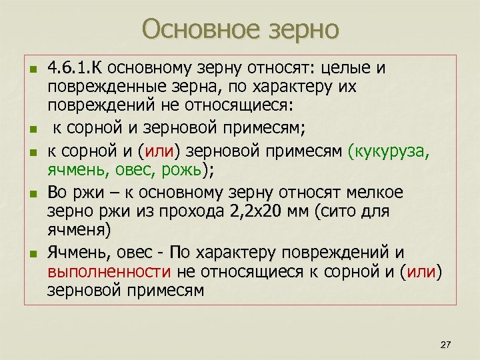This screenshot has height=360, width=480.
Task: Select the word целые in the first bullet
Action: (x=347, y=69)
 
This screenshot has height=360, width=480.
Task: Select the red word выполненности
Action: (x=110, y=272)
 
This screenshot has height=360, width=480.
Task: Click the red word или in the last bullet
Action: (x=424, y=272)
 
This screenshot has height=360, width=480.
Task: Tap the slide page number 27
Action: (x=446, y=344)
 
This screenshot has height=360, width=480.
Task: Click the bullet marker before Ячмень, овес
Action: (x=31, y=254)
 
